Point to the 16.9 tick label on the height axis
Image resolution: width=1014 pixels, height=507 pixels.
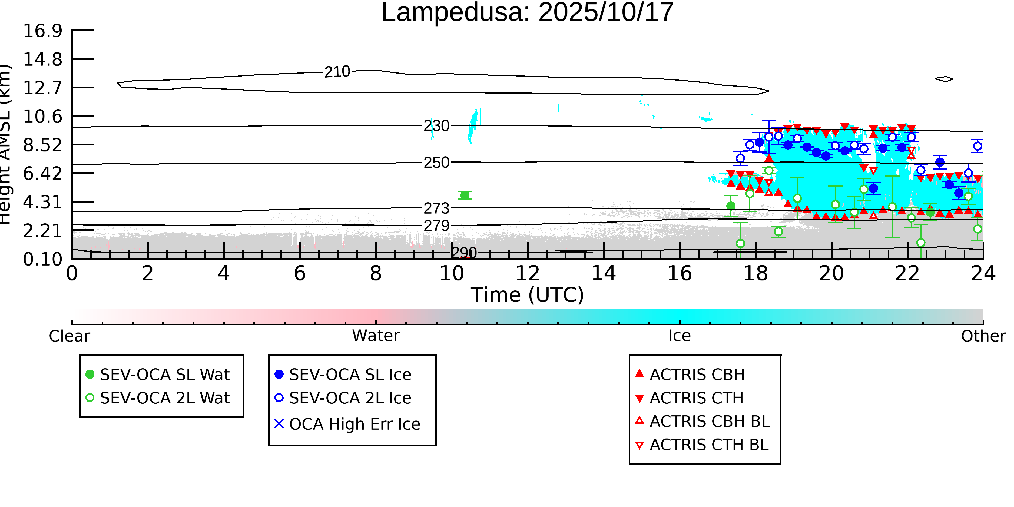pos(42,31)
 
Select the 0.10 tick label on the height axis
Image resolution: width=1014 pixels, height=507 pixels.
pos(42,259)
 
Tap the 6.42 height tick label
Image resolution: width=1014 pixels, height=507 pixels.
pos(42,174)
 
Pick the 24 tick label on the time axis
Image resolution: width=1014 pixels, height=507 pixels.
pos(983,273)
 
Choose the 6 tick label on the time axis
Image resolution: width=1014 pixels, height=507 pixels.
pos(300,273)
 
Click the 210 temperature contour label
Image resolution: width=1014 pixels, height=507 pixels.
pos(337,72)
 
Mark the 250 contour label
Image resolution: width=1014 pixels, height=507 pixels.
pos(436,163)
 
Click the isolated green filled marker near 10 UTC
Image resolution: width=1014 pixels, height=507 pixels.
pos(465,195)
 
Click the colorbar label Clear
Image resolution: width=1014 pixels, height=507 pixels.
pos(69,336)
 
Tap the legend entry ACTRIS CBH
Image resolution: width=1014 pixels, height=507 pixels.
pos(697,374)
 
